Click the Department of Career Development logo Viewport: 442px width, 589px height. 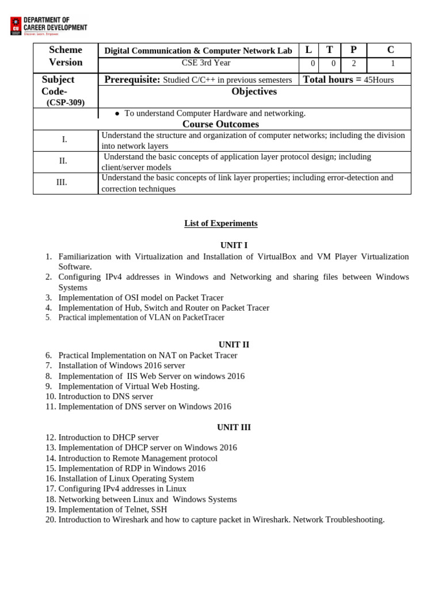click(48, 26)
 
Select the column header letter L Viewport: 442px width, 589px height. click(308, 50)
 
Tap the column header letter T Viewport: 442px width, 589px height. click(329, 50)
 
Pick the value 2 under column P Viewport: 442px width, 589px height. click(354, 64)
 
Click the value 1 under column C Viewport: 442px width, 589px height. click(393, 64)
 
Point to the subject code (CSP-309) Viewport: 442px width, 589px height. click(66, 102)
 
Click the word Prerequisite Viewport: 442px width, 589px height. click(132, 79)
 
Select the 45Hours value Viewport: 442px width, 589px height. click(379, 80)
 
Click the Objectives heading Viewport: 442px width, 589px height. click(254, 91)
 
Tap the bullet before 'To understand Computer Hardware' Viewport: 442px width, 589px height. click(117, 114)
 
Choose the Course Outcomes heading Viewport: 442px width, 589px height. click(220, 124)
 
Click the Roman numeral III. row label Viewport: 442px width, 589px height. click(62, 182)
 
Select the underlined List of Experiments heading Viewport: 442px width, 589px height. click(220, 223)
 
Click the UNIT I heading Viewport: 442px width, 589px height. click(234, 245)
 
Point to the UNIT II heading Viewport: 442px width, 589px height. click(234, 345)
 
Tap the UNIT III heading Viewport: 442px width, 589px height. click(234, 427)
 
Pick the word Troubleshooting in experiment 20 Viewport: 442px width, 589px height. click(356, 519)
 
